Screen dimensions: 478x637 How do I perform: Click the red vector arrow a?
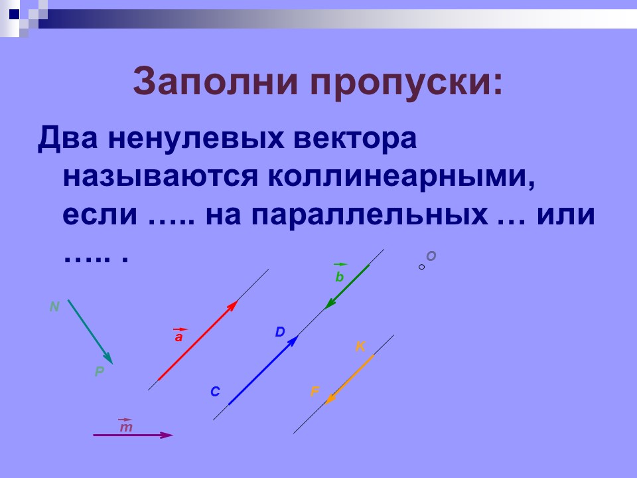197,341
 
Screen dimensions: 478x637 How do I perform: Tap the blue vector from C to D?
263,370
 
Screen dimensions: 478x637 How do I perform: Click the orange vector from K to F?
350,378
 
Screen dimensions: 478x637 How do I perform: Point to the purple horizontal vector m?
132,435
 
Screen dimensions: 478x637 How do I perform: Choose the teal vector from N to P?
90,331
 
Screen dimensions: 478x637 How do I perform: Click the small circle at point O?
421,267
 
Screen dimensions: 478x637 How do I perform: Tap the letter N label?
54,306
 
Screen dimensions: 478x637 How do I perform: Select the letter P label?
99,372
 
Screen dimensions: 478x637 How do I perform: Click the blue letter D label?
279,332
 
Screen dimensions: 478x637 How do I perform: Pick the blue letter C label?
215,392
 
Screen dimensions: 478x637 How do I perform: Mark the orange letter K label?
360,346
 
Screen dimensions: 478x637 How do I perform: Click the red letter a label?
178,337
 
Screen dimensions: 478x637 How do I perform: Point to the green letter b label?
340,278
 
